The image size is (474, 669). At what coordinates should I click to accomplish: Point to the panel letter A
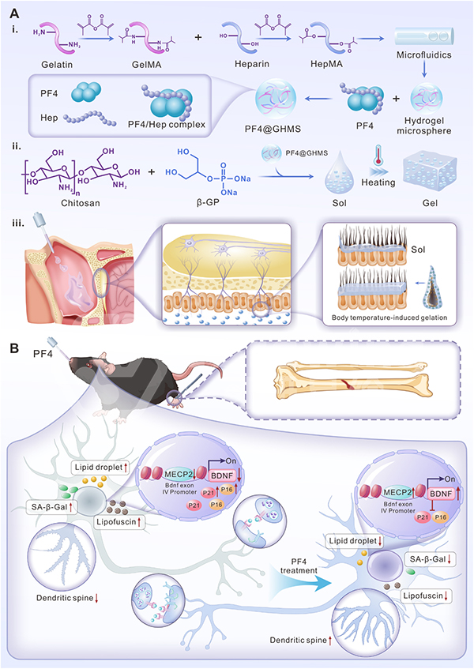[14, 13]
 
